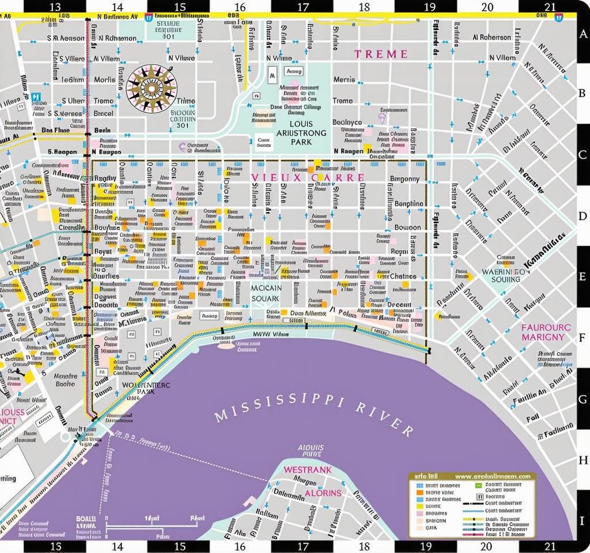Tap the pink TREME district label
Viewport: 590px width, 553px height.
click(x=380, y=54)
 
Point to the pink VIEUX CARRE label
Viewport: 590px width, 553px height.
click(x=308, y=178)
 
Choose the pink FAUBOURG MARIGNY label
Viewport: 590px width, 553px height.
click(x=545, y=332)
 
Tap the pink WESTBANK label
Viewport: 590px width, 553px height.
click(x=307, y=470)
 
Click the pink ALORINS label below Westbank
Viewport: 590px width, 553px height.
click(x=323, y=493)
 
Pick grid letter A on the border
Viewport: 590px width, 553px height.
click(x=582, y=34)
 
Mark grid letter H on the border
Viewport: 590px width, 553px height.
click(x=582, y=459)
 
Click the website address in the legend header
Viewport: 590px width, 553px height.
click(x=492, y=477)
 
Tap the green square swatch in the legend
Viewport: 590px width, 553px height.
click(x=479, y=486)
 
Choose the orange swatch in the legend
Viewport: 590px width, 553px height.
click(x=419, y=493)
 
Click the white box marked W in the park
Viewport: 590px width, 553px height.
click(x=273, y=73)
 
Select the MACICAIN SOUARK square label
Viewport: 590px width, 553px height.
click(x=266, y=293)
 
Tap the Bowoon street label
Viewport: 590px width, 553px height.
click(x=407, y=228)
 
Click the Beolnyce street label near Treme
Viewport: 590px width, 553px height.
click(x=347, y=122)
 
